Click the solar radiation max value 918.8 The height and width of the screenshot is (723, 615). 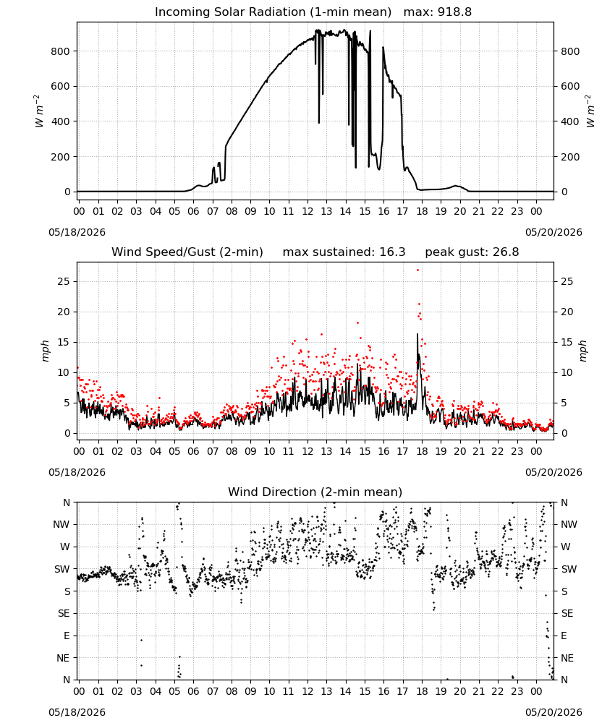[x=454, y=12]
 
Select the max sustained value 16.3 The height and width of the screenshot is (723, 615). [x=392, y=252]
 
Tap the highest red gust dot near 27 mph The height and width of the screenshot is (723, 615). [x=418, y=270]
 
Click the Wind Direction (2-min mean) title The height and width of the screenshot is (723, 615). [x=315, y=492]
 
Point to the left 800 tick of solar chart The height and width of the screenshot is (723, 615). [x=60, y=51]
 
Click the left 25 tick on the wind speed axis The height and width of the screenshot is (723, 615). [x=64, y=281]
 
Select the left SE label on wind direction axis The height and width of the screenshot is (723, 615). [x=64, y=613]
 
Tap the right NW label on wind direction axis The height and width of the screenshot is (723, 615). [x=569, y=524]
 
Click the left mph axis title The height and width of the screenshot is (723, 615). [x=45, y=351]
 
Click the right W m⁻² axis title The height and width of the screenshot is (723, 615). [x=590, y=111]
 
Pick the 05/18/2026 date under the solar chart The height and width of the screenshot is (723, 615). [x=77, y=232]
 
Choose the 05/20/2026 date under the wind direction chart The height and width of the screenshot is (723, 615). [x=553, y=712]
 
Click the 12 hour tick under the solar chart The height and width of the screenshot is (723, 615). [x=307, y=211]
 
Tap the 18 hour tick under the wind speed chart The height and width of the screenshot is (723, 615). [x=422, y=451]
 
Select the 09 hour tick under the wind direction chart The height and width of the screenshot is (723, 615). [x=250, y=691]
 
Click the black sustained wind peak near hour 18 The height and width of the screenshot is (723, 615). [x=417, y=334]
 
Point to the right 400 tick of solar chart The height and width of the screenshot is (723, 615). [x=570, y=121]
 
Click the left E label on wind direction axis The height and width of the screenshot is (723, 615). [x=67, y=636]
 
